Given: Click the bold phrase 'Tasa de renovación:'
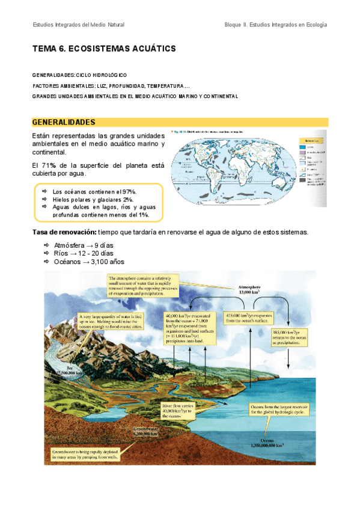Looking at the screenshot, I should (x=64, y=232).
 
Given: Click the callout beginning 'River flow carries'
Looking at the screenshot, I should (x=180, y=411).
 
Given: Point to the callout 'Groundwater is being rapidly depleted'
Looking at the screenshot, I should (x=84, y=453).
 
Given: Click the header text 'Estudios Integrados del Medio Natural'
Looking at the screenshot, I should (x=78, y=25).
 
